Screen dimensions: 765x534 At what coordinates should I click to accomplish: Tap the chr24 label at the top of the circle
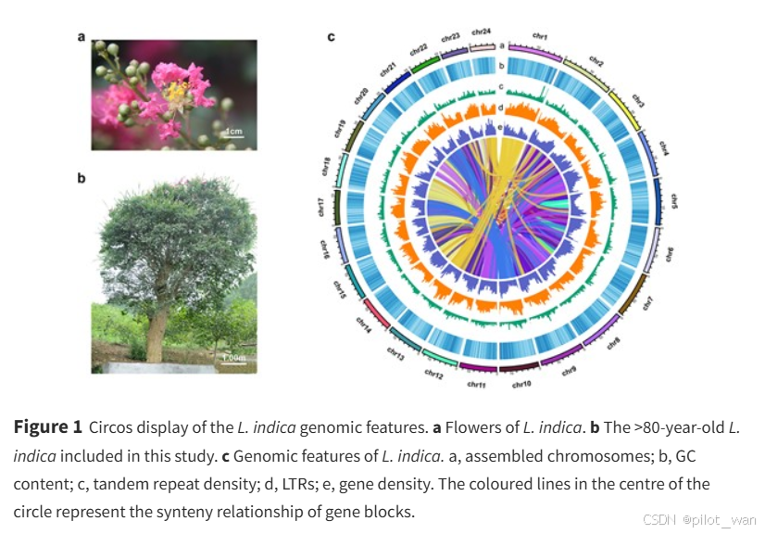coord(482,32)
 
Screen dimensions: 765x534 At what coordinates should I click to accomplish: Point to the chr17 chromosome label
coord(321,205)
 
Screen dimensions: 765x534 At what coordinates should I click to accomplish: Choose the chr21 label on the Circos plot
coord(387,70)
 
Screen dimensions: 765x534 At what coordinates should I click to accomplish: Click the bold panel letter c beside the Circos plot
coord(331,38)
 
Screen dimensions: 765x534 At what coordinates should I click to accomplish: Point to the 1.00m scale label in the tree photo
coord(233,357)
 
